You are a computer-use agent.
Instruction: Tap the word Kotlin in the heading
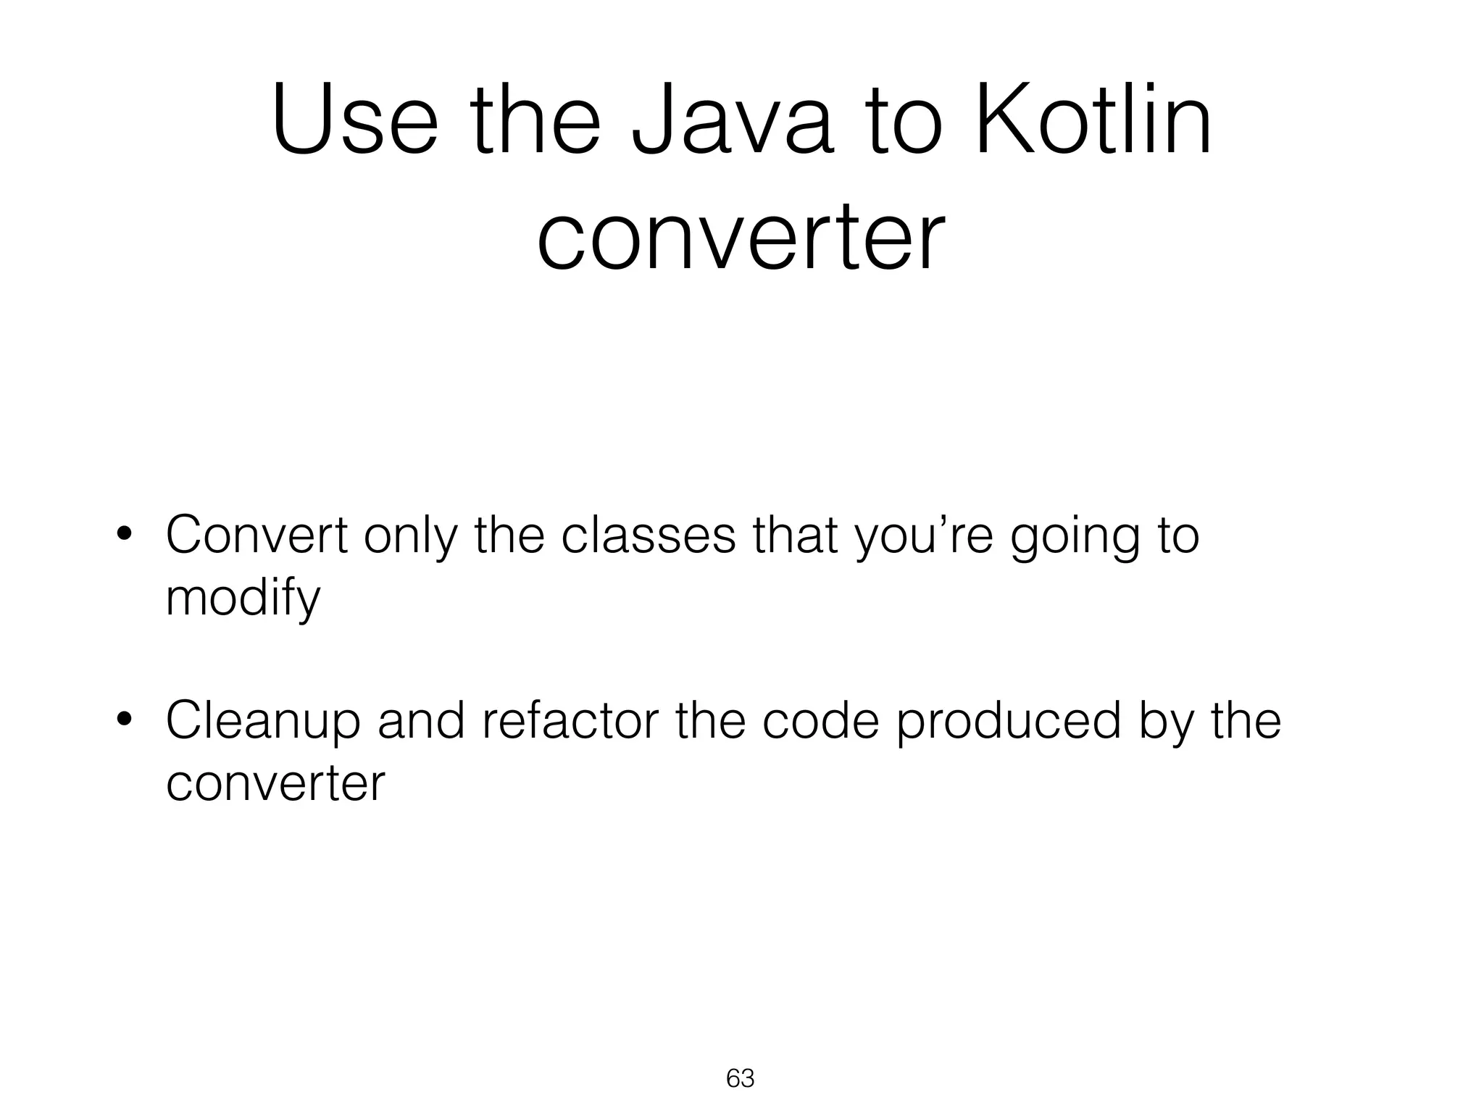(1093, 121)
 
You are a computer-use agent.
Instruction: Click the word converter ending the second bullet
(275, 783)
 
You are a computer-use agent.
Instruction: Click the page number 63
(740, 1078)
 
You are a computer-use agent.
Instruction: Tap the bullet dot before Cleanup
(124, 722)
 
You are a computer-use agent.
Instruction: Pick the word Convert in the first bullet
(257, 535)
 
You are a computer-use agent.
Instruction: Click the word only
(411, 537)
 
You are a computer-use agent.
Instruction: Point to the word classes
(649, 535)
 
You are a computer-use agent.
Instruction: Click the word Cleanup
(263, 723)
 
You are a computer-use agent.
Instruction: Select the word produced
(1009, 722)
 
